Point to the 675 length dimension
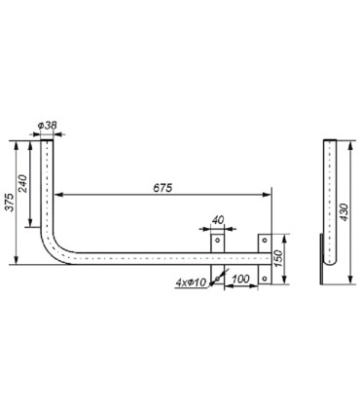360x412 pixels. (162, 187)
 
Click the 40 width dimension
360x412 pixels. (218, 221)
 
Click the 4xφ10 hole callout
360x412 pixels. (191, 283)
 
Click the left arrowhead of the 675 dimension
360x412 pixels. (56, 194)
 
